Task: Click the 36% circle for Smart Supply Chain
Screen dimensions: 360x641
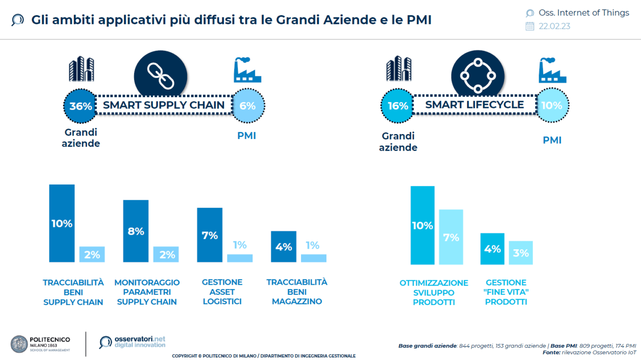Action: (80, 105)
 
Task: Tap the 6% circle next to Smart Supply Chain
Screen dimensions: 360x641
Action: (248, 105)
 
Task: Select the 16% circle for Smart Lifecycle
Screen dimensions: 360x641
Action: (397, 105)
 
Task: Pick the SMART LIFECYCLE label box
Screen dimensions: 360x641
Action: (474, 105)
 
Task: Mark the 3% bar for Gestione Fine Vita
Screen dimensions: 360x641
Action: (521, 253)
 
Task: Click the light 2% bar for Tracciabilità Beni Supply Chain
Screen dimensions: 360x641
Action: (92, 254)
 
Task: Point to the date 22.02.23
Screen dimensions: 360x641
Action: (554, 26)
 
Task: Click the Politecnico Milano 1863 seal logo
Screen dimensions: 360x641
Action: (19, 343)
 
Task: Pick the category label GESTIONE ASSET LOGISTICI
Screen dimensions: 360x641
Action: (222, 291)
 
